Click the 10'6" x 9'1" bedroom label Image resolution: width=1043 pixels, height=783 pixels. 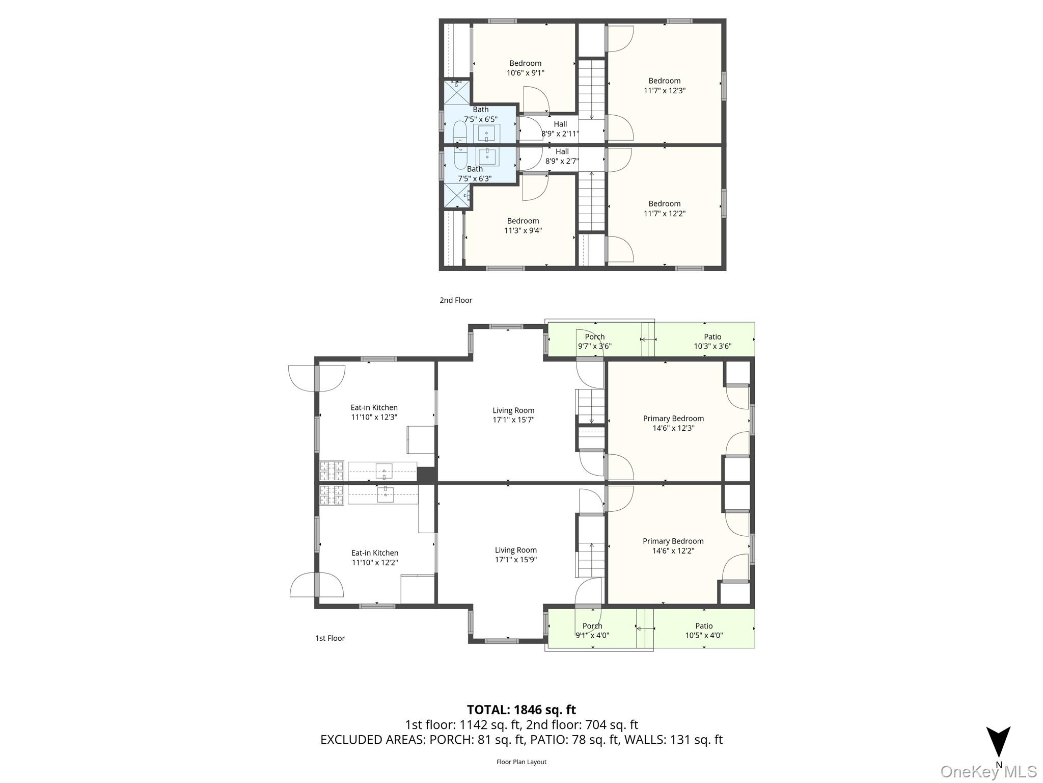click(x=525, y=68)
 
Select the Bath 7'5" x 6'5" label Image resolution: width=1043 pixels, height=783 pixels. click(x=480, y=114)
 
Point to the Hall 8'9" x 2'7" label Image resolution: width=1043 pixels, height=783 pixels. click(x=562, y=156)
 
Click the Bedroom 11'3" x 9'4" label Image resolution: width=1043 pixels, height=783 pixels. click(x=523, y=225)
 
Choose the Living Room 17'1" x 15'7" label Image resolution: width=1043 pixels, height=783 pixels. click(x=513, y=415)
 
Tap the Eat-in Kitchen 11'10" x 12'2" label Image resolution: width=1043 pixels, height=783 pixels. click(x=374, y=557)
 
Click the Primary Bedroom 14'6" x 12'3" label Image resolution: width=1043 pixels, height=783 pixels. click(x=673, y=423)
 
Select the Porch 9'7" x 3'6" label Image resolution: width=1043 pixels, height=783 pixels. click(x=594, y=341)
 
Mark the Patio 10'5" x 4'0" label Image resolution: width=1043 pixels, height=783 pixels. click(x=704, y=631)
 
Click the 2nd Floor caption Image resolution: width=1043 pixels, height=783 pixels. click(x=456, y=300)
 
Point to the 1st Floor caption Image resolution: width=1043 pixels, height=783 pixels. click(x=330, y=638)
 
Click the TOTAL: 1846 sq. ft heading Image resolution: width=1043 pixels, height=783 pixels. click(x=521, y=710)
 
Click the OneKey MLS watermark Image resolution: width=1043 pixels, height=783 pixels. click(x=988, y=772)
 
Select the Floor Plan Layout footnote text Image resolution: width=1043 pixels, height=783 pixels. click(x=521, y=762)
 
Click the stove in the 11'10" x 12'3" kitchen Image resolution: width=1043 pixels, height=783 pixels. click(x=332, y=471)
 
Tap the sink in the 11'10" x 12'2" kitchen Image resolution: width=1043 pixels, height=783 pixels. click(x=386, y=494)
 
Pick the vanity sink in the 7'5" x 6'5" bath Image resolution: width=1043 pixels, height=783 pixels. click(x=486, y=134)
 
